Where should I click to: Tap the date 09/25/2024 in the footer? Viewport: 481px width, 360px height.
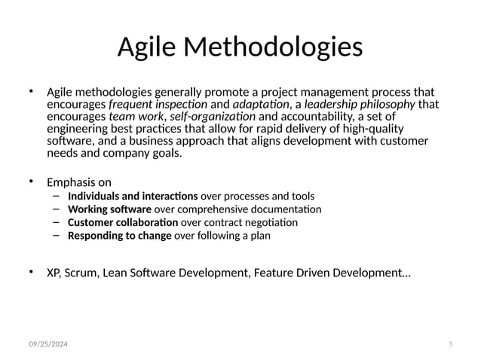click(48, 344)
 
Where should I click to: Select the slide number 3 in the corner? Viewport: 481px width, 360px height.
click(449, 344)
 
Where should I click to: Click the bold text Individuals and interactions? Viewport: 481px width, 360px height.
click(133, 197)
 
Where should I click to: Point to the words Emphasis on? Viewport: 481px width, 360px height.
click(79, 182)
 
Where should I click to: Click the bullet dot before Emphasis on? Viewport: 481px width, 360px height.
click(32, 182)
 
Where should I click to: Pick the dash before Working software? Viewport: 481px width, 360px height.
click(57, 209)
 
